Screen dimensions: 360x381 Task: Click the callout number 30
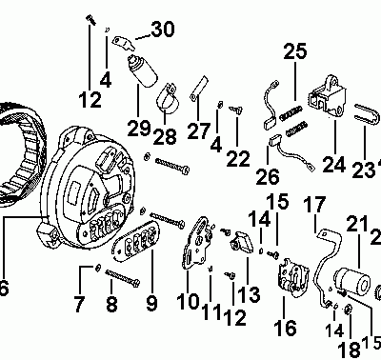point(162,30)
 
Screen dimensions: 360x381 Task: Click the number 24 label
point(332,164)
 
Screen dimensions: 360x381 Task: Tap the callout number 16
point(284,329)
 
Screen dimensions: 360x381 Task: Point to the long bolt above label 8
point(124,281)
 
